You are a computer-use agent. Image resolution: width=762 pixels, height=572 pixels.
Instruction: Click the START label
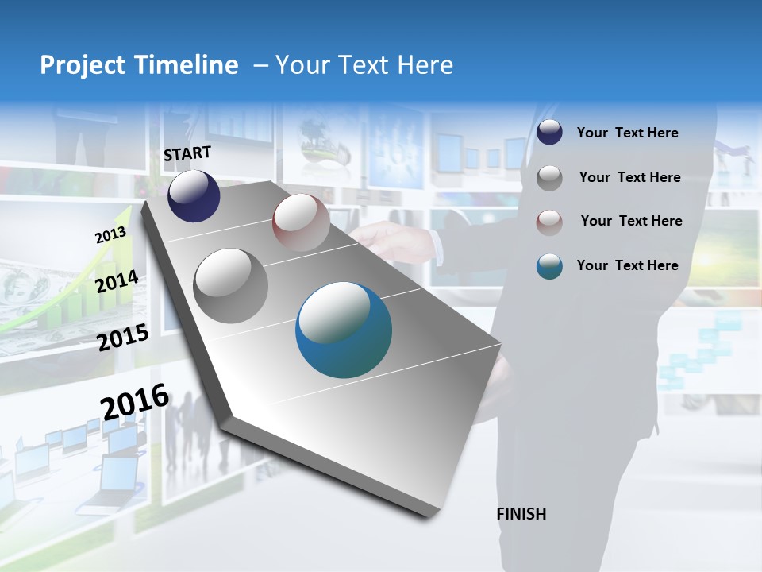pos(187,153)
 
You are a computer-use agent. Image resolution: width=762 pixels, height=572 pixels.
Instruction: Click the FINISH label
pos(521,514)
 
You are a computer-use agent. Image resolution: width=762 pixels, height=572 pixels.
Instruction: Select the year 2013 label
pos(110,235)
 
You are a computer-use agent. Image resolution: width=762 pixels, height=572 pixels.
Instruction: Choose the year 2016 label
pos(135,402)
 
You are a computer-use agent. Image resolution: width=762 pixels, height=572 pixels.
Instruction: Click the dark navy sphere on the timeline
pos(194,196)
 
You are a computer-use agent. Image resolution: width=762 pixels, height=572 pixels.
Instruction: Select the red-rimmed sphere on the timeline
pos(301,222)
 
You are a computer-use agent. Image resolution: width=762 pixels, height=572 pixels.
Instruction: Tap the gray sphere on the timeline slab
pos(231,285)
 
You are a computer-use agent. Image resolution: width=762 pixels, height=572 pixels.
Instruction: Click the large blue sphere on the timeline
pos(344,330)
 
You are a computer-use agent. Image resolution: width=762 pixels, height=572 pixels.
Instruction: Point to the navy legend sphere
pos(549,133)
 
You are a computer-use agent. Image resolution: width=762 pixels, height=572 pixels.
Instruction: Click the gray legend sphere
pos(549,178)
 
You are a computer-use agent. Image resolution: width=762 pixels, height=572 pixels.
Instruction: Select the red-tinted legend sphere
pos(549,222)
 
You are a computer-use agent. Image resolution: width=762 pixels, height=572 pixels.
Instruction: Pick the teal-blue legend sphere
pos(549,266)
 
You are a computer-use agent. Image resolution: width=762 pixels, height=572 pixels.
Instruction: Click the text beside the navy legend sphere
pos(627,133)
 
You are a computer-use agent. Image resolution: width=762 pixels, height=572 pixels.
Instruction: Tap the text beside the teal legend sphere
pos(627,265)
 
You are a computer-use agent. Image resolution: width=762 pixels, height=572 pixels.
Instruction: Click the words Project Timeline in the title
pos(139,65)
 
